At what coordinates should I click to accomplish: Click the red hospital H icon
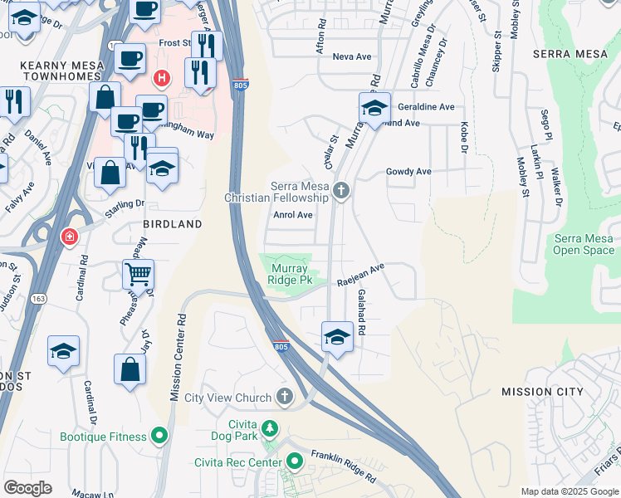(x=162, y=78)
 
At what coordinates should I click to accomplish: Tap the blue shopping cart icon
(x=139, y=272)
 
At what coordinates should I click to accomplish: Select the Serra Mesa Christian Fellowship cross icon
(x=340, y=193)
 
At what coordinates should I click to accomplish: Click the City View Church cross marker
(x=286, y=397)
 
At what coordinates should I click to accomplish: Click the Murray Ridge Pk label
(x=287, y=275)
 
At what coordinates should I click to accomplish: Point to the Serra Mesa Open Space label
(x=584, y=244)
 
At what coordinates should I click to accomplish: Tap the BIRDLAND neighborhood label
(x=173, y=224)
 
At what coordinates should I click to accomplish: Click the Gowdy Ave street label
(x=408, y=172)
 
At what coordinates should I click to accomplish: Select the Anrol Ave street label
(x=293, y=215)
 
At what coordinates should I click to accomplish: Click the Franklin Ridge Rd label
(x=342, y=467)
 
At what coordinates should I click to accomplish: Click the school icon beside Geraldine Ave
(x=375, y=109)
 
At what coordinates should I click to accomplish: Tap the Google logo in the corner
(x=28, y=487)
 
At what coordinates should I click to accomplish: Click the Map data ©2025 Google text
(x=569, y=491)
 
